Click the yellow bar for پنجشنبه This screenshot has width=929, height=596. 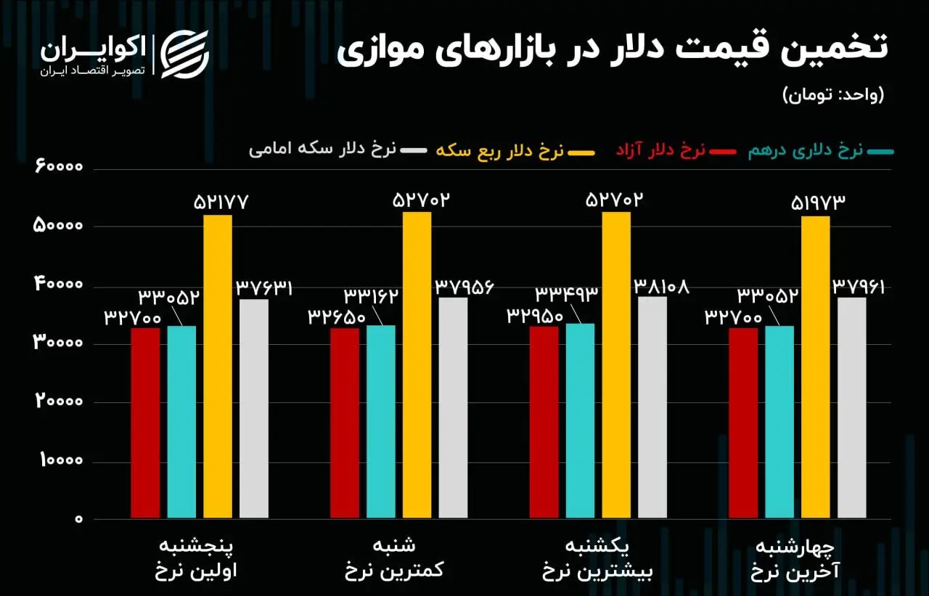pos(218,367)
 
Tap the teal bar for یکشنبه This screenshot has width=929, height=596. pos(580,421)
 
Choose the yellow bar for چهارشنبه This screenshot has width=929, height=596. pos(815,367)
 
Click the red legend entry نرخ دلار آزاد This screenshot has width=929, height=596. pos(660,151)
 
